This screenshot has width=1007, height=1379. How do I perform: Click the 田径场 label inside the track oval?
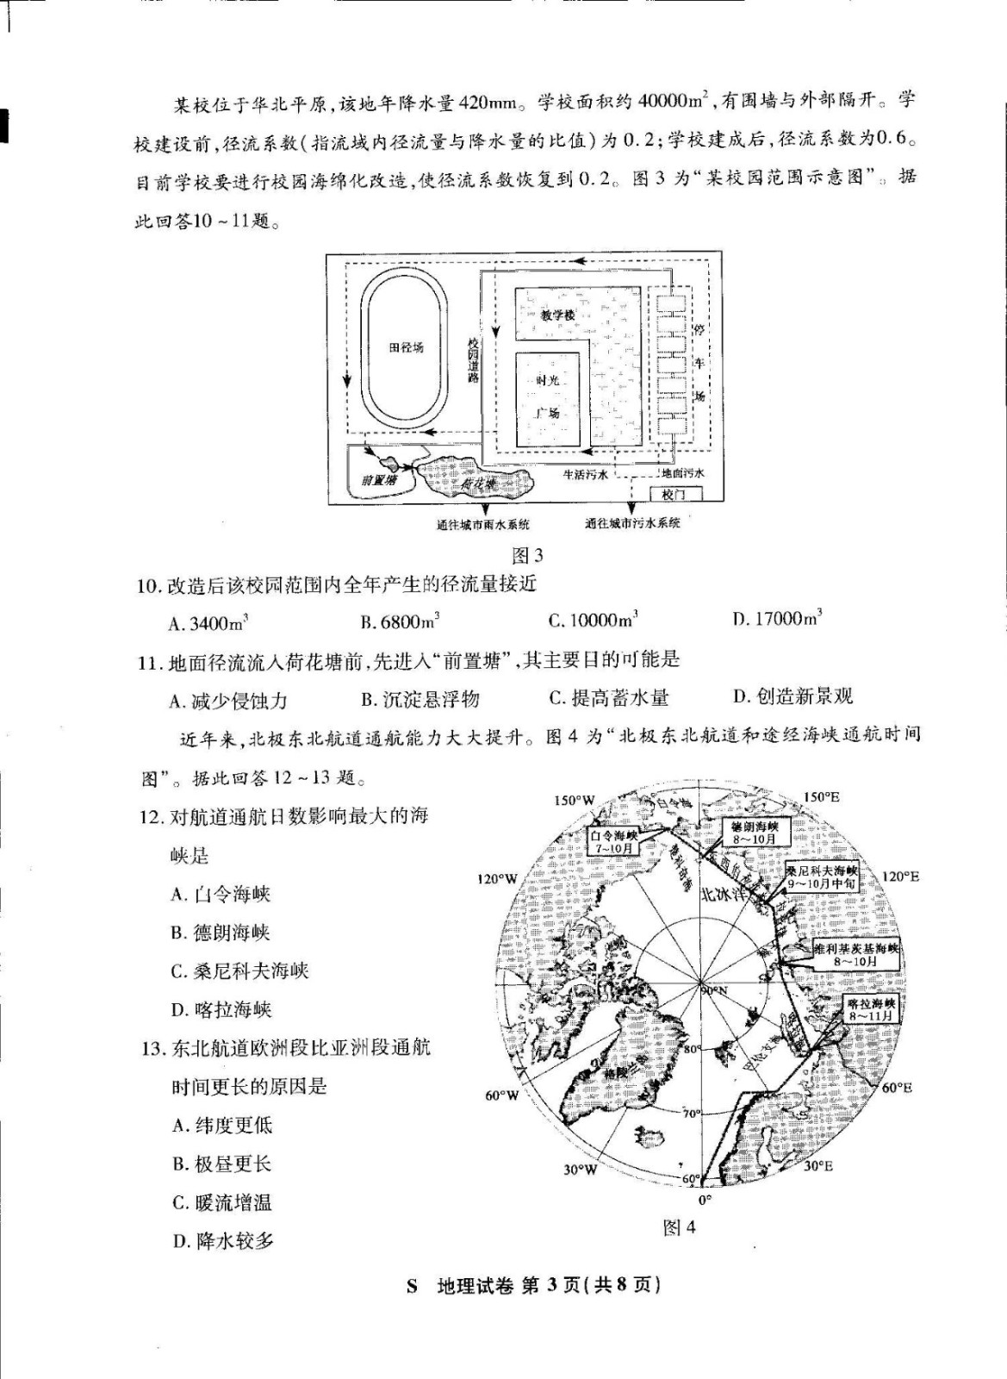coord(406,347)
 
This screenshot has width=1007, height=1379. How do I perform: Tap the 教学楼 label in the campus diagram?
coord(557,315)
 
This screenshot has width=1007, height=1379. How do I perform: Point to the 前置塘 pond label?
coord(379,479)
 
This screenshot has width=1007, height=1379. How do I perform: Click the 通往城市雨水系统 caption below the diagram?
coord(483,524)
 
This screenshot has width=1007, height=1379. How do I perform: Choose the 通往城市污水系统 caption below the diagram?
coord(632,522)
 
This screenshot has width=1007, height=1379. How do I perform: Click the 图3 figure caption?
coord(526,555)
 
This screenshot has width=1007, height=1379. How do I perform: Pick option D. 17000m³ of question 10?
coord(776,618)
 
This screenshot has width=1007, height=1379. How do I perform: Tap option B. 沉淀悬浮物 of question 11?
coord(420,699)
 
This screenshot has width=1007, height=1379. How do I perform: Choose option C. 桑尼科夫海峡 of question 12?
coord(239,971)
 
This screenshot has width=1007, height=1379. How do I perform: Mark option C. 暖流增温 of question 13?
coord(222,1202)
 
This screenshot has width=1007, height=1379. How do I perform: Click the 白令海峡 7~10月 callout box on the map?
coord(613,841)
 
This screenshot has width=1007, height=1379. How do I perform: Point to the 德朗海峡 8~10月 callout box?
coord(754,833)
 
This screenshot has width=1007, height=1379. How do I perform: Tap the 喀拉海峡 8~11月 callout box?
coord(871,1009)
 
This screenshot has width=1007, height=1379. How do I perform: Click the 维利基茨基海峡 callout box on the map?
coord(855,954)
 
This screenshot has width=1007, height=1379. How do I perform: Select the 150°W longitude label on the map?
coord(574,800)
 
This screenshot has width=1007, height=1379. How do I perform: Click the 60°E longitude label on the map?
coord(897,1088)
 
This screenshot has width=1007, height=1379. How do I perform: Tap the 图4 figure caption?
coord(679,1227)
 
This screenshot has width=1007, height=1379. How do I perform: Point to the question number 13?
coord(152,1048)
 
